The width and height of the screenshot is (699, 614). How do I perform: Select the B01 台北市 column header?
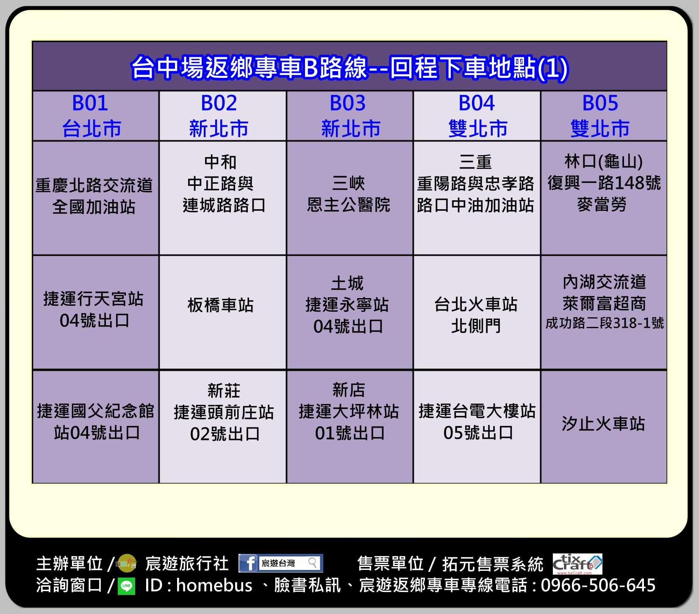click(96, 116)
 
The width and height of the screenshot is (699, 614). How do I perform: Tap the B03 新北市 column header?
click(350, 116)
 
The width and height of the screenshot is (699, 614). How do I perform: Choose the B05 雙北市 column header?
click(604, 116)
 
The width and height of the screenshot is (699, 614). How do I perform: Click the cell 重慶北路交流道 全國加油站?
click(96, 198)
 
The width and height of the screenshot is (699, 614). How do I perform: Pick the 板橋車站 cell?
click(223, 313)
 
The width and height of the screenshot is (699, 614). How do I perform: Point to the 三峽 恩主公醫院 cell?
click(350, 198)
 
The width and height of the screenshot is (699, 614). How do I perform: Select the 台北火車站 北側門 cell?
click(477, 313)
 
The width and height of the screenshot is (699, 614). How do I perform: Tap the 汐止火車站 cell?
click(604, 427)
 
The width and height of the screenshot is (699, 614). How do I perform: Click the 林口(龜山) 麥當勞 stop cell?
click(604, 198)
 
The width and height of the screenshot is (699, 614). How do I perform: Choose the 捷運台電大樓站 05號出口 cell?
click(477, 427)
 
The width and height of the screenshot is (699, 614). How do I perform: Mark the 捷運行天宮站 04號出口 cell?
click(96, 313)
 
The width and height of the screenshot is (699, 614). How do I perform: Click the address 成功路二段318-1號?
click(605, 323)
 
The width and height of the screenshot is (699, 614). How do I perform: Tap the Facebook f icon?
click(249, 563)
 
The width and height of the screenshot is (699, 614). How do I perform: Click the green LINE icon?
click(126, 586)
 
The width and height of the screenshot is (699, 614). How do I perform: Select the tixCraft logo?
click(577, 564)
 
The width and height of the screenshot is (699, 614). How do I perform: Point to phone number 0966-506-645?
click(598, 585)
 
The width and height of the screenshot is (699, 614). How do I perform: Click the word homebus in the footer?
click(214, 585)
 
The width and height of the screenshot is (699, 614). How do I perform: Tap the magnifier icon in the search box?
click(313, 563)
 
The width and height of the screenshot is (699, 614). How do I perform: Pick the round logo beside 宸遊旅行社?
click(127, 564)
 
